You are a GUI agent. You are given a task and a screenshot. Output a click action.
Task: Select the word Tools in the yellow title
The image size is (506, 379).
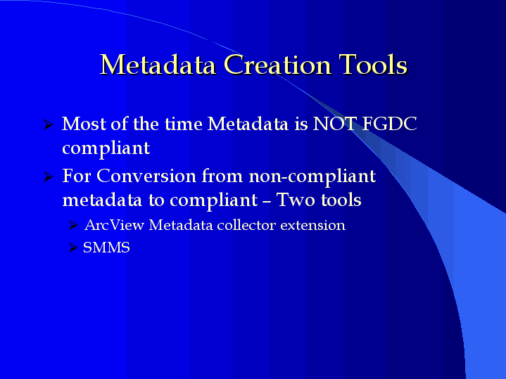tap(374, 65)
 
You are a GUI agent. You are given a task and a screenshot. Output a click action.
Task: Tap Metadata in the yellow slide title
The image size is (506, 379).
tap(158, 65)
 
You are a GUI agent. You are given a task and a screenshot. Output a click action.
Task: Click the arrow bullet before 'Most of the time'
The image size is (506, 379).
tap(48, 124)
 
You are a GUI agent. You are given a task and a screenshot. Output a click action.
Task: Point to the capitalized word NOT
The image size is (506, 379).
tap(335, 124)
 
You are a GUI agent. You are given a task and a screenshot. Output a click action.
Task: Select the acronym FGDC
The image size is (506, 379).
tap(389, 124)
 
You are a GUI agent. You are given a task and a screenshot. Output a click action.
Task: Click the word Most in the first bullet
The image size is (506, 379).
tap(84, 124)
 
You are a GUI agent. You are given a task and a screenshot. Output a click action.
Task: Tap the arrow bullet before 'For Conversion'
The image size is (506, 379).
tap(48, 176)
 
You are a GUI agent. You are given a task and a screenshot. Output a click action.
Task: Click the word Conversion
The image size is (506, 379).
tap(146, 176)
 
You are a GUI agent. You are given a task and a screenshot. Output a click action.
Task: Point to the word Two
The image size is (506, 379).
tap(296, 200)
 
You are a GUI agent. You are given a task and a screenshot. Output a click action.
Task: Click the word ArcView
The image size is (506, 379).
tap(114, 225)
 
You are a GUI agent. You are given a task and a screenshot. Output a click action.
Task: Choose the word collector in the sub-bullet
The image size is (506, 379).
tap(246, 225)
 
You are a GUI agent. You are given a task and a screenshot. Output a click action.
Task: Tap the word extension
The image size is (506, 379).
tap(312, 225)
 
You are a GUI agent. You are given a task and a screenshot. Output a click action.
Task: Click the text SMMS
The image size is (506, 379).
tap(106, 248)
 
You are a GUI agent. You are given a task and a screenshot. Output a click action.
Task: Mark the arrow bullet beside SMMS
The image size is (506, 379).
tap(73, 248)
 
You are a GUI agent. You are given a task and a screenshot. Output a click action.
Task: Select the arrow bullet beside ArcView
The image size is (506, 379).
tap(73, 225)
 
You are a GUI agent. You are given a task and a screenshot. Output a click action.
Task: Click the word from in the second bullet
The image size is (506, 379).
tap(222, 176)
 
